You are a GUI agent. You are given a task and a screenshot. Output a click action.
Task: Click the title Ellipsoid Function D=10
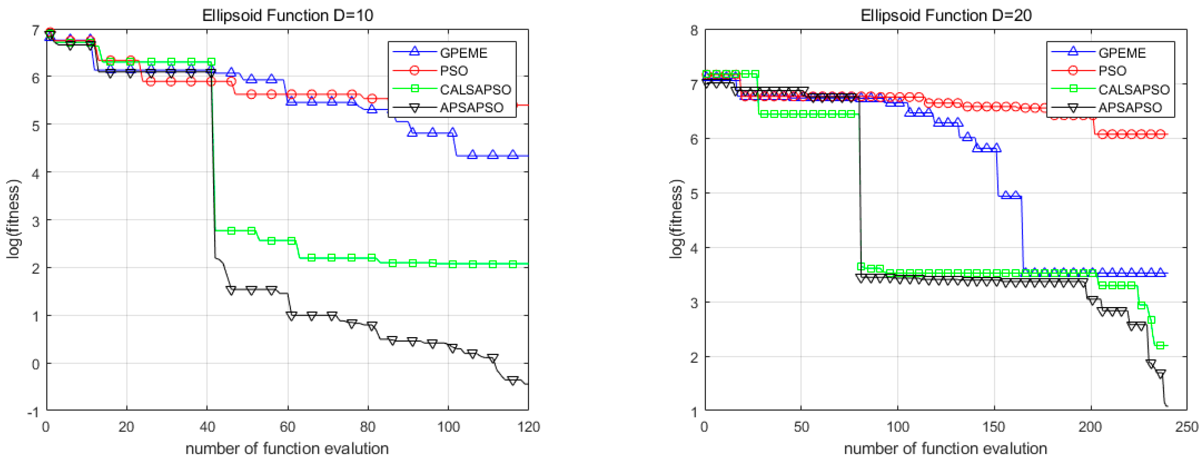pyautogui.click(x=287, y=15)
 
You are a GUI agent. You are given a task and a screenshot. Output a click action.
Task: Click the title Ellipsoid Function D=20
pyautogui.click(x=946, y=15)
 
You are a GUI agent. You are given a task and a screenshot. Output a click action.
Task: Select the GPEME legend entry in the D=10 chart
pyautogui.click(x=463, y=53)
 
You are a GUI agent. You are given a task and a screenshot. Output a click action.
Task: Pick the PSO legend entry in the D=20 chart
pyautogui.click(x=1112, y=71)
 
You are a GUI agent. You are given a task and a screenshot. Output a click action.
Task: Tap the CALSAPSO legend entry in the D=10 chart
pyautogui.click(x=475, y=89)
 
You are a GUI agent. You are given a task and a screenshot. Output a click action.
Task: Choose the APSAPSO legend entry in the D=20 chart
pyautogui.click(x=1130, y=107)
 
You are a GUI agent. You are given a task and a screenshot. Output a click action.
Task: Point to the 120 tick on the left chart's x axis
pyautogui.click(x=528, y=427)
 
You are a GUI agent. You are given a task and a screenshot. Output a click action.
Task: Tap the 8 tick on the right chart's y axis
pyautogui.click(x=694, y=31)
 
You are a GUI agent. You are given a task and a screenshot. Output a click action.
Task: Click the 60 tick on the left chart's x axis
pyautogui.click(x=287, y=427)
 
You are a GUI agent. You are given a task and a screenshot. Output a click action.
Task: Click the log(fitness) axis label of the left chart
pyautogui.click(x=14, y=219)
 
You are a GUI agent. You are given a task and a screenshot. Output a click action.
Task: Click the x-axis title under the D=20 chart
pyautogui.click(x=946, y=448)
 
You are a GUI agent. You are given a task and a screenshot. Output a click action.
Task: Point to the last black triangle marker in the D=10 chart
pyautogui.click(x=513, y=381)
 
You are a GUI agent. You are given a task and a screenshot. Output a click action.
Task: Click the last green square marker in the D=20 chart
pyautogui.click(x=1160, y=345)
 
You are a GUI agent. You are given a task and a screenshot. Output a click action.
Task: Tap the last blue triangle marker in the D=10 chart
pyautogui.click(x=513, y=154)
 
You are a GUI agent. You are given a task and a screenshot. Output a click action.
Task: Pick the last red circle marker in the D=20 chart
pyautogui.click(x=1160, y=135)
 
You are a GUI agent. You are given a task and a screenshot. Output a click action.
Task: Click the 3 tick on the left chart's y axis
pyautogui.click(x=36, y=221)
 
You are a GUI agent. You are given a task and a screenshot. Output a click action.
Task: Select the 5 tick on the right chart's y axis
pyautogui.click(x=694, y=194)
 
